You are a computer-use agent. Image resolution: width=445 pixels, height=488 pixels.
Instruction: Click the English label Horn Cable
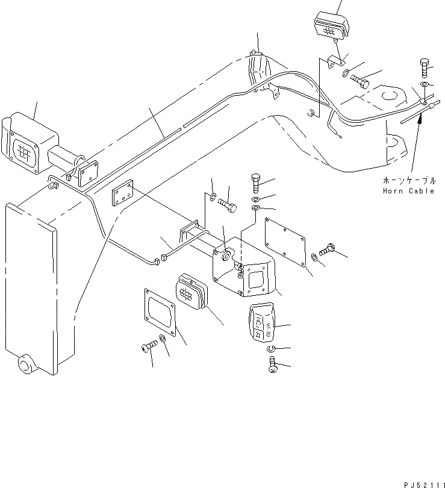(408, 191)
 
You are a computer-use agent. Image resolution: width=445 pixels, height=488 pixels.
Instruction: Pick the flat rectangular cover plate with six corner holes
(287, 241)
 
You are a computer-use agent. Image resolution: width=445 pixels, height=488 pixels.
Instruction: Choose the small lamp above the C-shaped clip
(261, 324)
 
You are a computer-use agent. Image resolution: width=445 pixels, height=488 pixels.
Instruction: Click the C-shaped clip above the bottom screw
(269, 351)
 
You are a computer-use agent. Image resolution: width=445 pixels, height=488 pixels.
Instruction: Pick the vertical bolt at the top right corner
(423, 69)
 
